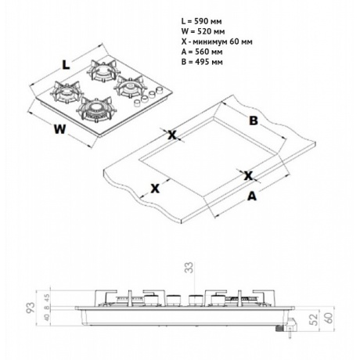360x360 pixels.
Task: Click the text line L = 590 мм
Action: pyautogui.click(x=201, y=21)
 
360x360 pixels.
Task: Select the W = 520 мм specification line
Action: pyautogui.click(x=203, y=31)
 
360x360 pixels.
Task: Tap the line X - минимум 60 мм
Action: pyautogui.click(x=217, y=41)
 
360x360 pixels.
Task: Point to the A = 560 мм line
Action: pyautogui.click(x=202, y=52)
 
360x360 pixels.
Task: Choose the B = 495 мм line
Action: pyautogui.click(x=202, y=62)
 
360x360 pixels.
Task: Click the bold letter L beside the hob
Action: pyautogui.click(x=66, y=65)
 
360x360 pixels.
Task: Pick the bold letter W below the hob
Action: pyautogui.click(x=59, y=129)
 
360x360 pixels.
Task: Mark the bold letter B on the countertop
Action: pyautogui.click(x=254, y=121)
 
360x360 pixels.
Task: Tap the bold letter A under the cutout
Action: pyautogui.click(x=252, y=196)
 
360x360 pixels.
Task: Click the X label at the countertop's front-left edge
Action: pyautogui.click(x=155, y=188)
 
